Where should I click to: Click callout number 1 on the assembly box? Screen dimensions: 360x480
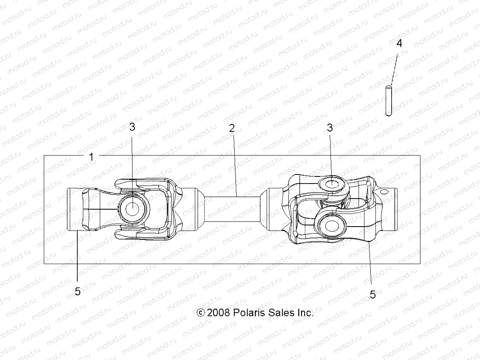click(92, 157)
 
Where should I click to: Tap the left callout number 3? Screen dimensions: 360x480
click(132, 127)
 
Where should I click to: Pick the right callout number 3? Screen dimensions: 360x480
click(330, 127)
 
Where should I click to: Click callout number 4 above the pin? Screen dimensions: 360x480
click(399, 43)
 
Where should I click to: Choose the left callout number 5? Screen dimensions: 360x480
click(78, 292)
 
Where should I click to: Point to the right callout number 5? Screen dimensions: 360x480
click(372, 294)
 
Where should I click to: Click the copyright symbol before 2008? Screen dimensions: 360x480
click(201, 313)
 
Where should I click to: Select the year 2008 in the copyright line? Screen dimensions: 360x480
click(219, 313)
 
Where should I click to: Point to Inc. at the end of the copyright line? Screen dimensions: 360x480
click(305, 313)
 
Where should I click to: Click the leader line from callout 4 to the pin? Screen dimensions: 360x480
click(394, 67)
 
